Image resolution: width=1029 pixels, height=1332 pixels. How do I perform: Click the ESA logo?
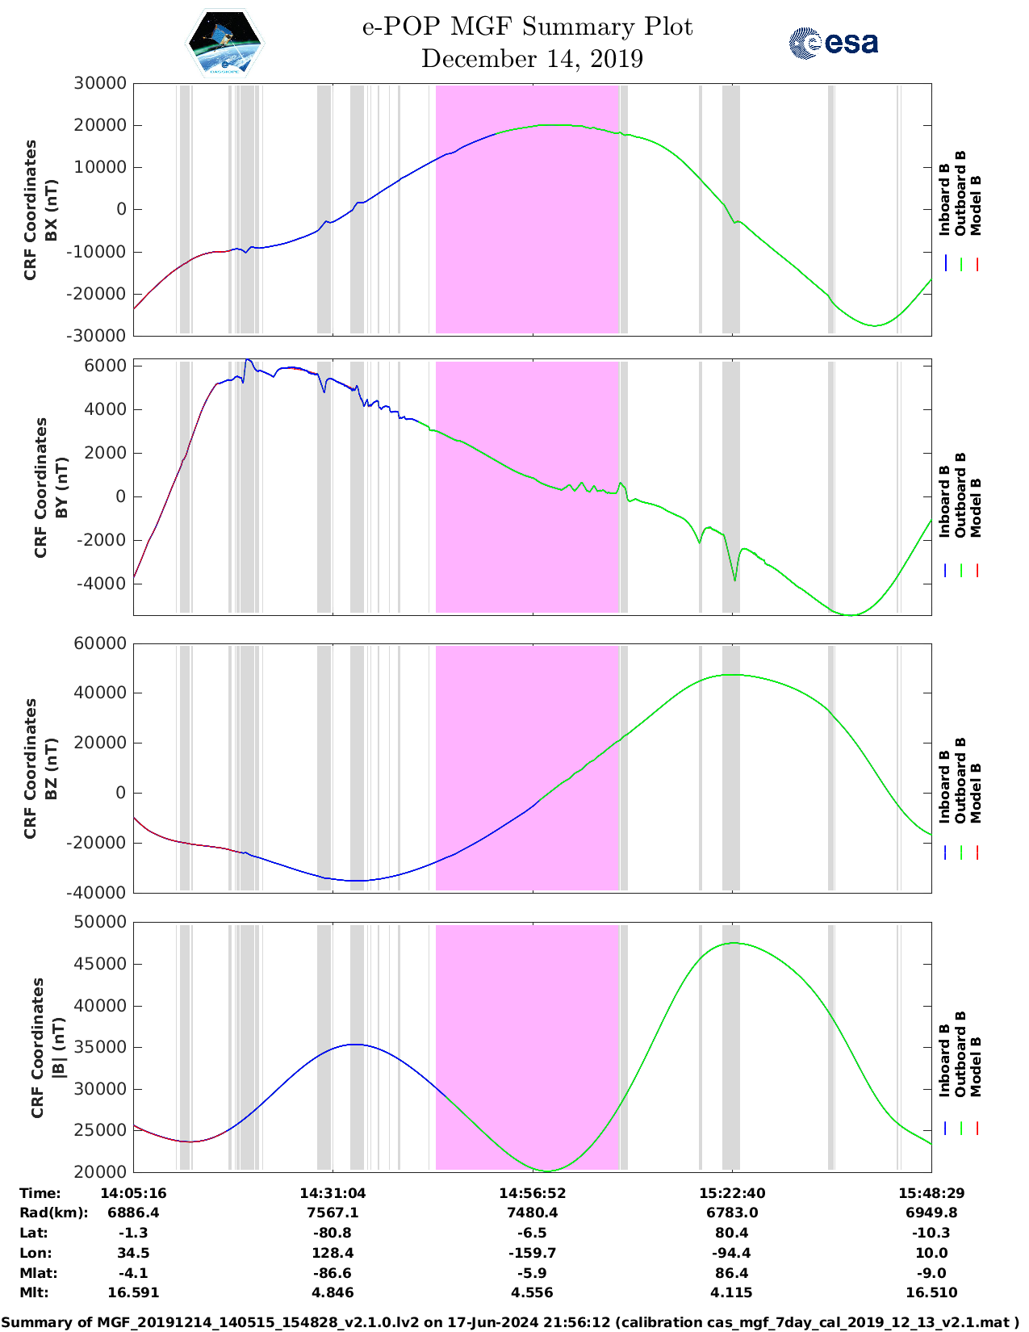click(833, 43)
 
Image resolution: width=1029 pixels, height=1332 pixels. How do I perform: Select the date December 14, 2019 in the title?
click(532, 59)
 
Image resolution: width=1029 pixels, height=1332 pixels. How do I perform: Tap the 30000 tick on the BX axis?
click(100, 83)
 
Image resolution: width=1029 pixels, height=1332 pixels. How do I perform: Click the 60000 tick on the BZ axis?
click(100, 643)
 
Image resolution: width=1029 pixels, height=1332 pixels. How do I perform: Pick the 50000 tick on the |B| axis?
click(100, 922)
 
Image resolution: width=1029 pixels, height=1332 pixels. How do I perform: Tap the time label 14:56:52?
click(532, 1193)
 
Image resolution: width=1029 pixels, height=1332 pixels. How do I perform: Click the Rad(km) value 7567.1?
click(333, 1213)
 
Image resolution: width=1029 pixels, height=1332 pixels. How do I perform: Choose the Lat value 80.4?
click(732, 1233)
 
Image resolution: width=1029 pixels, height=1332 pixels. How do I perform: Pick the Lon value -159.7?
click(532, 1253)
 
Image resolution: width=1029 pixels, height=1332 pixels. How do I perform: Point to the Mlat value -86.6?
click(333, 1273)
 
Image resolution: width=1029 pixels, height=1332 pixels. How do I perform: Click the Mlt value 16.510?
click(931, 1292)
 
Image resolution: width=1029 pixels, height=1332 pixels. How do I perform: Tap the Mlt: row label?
click(34, 1292)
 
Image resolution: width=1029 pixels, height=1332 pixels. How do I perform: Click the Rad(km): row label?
click(53, 1213)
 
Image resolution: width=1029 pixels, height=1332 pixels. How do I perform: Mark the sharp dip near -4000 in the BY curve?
click(734, 580)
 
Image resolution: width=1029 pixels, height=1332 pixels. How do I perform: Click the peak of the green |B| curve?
click(733, 943)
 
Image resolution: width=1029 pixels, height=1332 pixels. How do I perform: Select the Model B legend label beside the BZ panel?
click(977, 793)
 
